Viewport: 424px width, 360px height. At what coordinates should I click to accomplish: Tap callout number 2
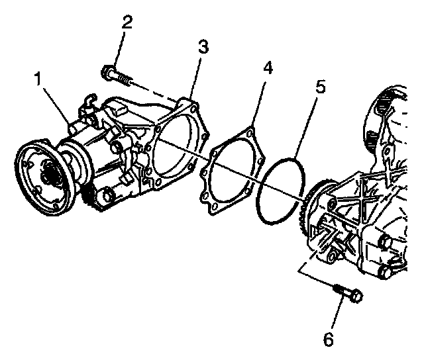pos(127,22)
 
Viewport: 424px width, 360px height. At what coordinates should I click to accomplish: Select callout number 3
pos(203,46)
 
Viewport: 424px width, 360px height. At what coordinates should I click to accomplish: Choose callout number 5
pos(321,87)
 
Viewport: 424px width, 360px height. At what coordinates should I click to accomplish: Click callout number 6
pos(329,339)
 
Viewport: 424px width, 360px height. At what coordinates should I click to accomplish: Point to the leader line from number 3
pos(195,77)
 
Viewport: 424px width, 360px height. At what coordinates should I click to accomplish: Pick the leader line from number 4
pos(258,100)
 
